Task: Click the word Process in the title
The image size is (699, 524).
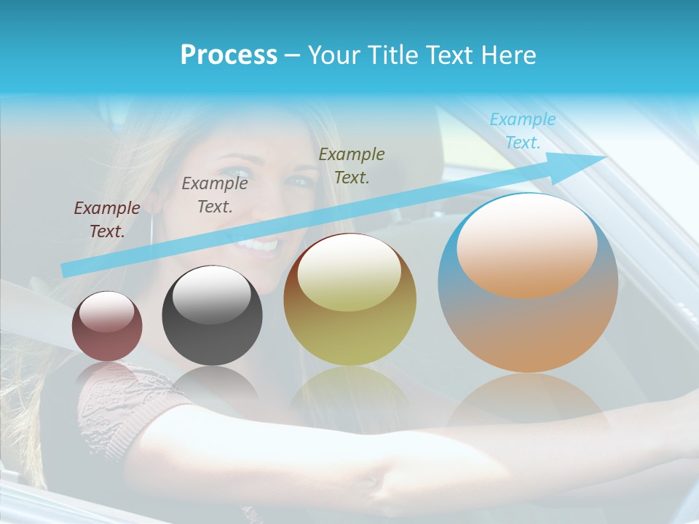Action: (x=229, y=55)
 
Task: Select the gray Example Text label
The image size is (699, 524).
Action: (x=215, y=195)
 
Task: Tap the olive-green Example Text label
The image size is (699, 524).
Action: (x=352, y=165)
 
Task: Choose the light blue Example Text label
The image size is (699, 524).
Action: (x=522, y=131)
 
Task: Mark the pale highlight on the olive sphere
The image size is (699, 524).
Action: (x=349, y=273)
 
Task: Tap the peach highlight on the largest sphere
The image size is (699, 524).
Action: (x=526, y=246)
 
